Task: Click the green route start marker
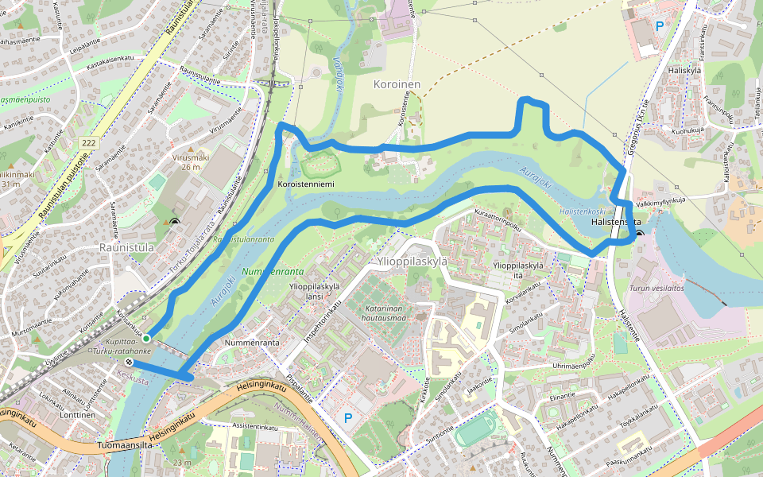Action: pyautogui.click(x=146, y=338)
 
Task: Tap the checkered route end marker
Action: pyautogui.click(x=129, y=363)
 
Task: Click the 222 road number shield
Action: pyautogui.click(x=88, y=142)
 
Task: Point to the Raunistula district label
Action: pyautogui.click(x=126, y=247)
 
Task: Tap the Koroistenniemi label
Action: pyautogui.click(x=304, y=184)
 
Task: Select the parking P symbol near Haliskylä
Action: pyautogui.click(x=659, y=25)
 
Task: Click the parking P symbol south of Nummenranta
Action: pyautogui.click(x=347, y=417)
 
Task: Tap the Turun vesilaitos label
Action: pyautogui.click(x=656, y=289)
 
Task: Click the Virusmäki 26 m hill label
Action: pyautogui.click(x=191, y=161)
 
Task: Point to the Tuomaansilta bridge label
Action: pyautogui.click(x=125, y=446)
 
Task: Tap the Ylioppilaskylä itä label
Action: pyautogui.click(x=518, y=270)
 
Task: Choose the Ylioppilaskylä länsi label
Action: pyautogui.click(x=316, y=291)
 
